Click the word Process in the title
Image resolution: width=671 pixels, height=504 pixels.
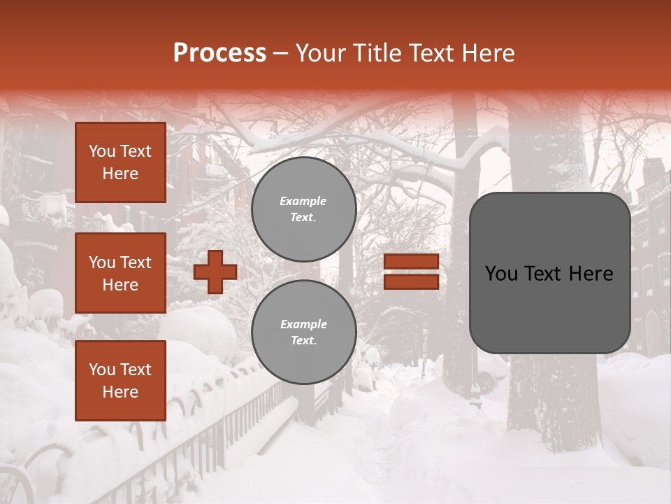[219, 53]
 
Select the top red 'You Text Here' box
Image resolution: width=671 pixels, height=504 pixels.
[120, 162]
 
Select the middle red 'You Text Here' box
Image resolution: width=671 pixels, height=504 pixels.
[120, 273]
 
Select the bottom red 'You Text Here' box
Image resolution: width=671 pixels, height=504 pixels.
[120, 381]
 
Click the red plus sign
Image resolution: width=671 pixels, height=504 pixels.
[215, 272]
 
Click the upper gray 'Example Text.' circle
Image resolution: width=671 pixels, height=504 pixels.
[303, 209]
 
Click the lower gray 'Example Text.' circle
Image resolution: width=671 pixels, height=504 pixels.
[303, 332]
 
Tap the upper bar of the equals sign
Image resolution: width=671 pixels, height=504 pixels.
[412, 262]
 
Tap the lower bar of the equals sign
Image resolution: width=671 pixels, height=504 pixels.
[412, 281]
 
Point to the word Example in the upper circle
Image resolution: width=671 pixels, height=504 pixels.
[303, 201]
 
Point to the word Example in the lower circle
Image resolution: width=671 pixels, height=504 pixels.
[303, 324]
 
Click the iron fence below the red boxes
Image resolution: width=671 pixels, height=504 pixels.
[210, 434]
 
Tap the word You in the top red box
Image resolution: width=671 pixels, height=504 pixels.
[102, 151]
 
